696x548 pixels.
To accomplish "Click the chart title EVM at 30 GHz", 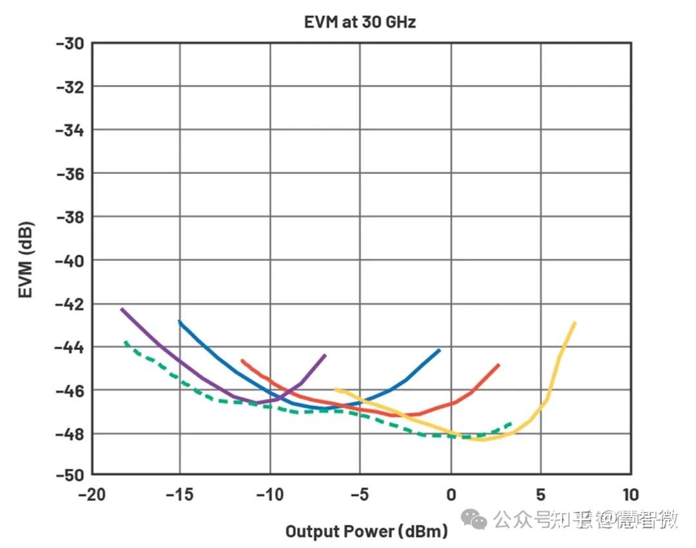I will pos(360,21).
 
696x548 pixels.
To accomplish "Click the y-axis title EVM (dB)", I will pos(25,260).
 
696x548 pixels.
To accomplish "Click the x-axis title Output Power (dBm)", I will pos(366,531).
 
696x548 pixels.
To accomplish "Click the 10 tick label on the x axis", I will pos(630,494).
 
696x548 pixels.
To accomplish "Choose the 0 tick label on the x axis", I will pos(451,494).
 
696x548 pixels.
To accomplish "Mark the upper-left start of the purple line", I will pos(122,309).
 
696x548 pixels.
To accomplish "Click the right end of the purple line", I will pos(325,355).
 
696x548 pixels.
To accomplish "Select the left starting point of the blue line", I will pos(179,321).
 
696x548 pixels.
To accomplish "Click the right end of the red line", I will pos(498,365).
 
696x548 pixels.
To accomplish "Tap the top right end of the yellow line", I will pos(574,322).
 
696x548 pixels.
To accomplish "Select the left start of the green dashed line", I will pos(126,342).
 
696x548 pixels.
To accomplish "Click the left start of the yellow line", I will pos(335,389).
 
